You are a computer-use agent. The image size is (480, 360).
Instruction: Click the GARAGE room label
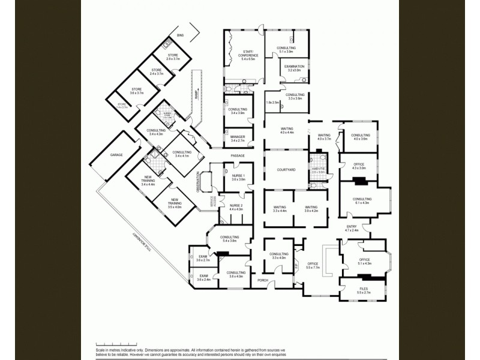point(116,155)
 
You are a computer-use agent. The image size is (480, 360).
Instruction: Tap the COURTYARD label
point(286,170)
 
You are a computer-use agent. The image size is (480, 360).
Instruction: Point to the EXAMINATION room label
point(294,66)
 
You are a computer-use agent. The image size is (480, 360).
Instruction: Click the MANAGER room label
point(238,137)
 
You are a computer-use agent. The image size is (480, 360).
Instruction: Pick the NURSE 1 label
point(239,175)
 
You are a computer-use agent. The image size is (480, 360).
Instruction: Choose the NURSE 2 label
point(236,205)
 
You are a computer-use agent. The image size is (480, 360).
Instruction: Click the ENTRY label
point(352,226)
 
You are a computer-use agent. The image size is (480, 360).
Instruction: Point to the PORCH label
point(263,280)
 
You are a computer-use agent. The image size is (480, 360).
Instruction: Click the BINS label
point(179,36)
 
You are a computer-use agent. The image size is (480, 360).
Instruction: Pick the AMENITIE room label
point(318,169)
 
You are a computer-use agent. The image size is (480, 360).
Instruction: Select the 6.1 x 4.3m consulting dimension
point(362,203)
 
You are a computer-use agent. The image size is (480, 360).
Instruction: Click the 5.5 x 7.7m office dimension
point(313,268)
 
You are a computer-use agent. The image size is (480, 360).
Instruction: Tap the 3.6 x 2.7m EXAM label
point(203,260)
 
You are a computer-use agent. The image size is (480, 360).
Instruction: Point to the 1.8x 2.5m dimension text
point(272,103)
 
